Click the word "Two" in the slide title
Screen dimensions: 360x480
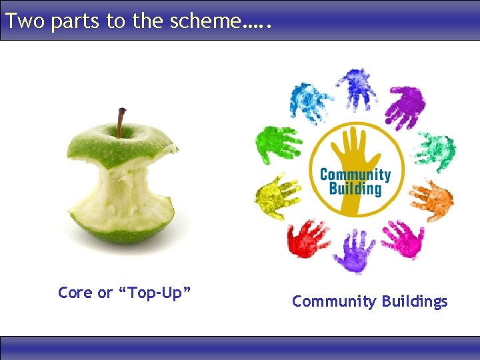coord(25,21)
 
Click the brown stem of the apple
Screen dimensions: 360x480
coord(121,121)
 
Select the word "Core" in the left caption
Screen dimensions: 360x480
coord(75,293)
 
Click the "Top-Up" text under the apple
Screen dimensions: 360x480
coord(155,293)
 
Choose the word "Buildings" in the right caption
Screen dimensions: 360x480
coord(415,301)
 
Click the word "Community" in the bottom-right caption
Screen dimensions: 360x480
coord(334,301)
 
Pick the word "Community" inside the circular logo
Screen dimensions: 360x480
coord(355,175)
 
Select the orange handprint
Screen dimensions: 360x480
coord(431,199)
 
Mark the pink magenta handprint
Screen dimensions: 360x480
coord(403,239)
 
